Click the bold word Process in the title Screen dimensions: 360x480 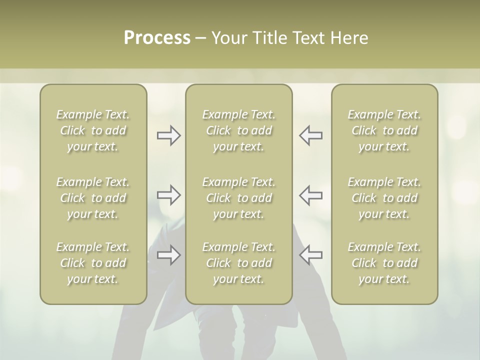click(157, 38)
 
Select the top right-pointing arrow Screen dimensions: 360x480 click(168, 135)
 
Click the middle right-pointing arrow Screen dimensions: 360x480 click(168, 195)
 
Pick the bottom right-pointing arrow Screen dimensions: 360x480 click(168, 255)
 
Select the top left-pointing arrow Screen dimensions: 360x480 click(310, 135)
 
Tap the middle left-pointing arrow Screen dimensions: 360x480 click(310, 195)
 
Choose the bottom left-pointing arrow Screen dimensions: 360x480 click(310, 255)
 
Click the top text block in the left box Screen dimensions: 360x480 click(93, 130)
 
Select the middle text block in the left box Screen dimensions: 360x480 click(93, 198)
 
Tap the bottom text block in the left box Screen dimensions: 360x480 click(93, 263)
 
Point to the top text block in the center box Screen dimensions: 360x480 click(239, 130)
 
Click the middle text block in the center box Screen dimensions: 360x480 click(239, 198)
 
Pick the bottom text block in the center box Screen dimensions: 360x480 click(239, 263)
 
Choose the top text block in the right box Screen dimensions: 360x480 click(384, 130)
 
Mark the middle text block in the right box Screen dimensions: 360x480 click(384, 198)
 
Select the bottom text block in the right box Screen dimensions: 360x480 click(384, 263)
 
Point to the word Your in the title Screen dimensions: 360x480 click(228, 38)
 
